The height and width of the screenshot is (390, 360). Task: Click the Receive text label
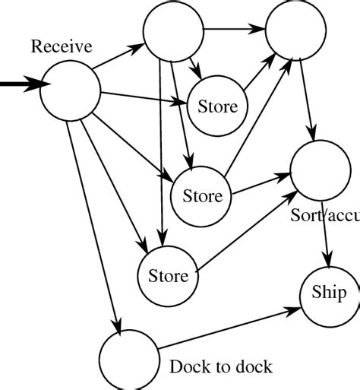(62, 47)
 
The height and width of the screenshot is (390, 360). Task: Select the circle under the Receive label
(70, 90)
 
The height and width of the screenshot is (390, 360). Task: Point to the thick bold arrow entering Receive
(19, 85)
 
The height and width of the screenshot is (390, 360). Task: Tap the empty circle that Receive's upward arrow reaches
(172, 31)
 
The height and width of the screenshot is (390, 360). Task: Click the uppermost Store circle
(217, 106)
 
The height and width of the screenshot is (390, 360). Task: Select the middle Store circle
(202, 196)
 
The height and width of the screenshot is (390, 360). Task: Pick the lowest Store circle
(168, 274)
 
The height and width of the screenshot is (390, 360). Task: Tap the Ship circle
(329, 292)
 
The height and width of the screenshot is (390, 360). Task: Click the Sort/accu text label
(325, 215)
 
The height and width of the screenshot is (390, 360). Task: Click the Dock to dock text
(221, 367)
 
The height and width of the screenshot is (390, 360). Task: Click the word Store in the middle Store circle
(202, 196)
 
